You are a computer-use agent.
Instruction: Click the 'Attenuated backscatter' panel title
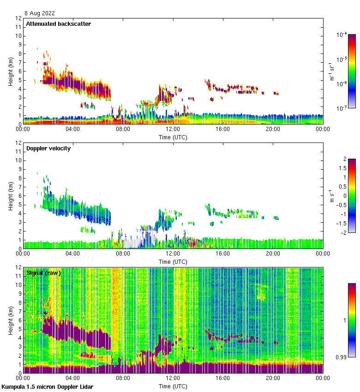(59, 24)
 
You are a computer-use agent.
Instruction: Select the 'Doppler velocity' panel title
(48, 148)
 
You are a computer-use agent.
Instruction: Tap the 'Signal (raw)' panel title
(44, 273)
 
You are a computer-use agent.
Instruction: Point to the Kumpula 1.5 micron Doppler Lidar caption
(47, 386)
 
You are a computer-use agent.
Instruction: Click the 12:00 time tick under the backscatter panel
(173, 129)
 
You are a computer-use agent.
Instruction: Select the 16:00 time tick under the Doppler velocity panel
(222, 254)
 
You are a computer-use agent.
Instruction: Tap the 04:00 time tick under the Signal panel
(73, 378)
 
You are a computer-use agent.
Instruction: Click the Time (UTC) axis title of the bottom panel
(173, 386)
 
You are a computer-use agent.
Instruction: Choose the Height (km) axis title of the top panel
(10, 71)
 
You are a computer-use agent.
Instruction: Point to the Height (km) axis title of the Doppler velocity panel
(10, 196)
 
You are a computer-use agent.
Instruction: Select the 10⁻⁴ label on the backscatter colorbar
(342, 35)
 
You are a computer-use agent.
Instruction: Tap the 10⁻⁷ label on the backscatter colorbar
(342, 108)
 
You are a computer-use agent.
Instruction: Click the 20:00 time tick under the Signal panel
(272, 378)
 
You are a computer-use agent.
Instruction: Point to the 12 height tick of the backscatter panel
(18, 18)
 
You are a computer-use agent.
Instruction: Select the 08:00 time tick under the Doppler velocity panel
(123, 254)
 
